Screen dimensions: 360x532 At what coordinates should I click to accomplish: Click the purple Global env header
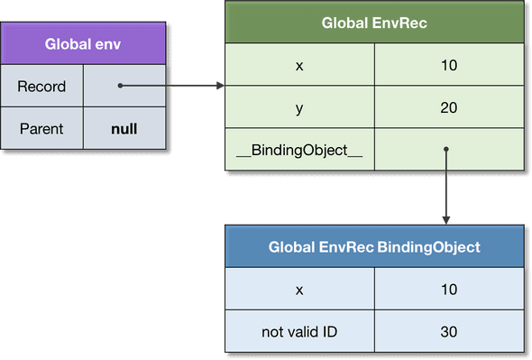[82, 43]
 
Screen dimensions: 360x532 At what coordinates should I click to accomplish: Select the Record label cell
[41, 87]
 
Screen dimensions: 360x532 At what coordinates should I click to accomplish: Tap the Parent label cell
[41, 128]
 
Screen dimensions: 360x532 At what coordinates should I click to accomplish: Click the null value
[124, 128]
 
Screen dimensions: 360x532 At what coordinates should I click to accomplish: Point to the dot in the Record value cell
[120, 87]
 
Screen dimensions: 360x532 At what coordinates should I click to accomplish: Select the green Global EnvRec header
[374, 23]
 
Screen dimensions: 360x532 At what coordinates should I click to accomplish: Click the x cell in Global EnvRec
[298, 67]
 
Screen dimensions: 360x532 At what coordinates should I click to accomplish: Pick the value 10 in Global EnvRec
[448, 67]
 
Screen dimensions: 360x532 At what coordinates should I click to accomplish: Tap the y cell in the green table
[298, 108]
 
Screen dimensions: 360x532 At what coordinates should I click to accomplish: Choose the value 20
[448, 108]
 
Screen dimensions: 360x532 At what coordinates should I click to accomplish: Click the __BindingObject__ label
[298, 151]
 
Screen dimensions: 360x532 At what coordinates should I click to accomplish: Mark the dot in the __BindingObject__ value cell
[447, 151]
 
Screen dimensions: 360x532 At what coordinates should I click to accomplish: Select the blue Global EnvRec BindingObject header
[374, 247]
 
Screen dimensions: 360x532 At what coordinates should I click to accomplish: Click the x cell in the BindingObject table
[298, 290]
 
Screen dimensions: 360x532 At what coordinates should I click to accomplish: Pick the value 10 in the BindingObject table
[448, 290]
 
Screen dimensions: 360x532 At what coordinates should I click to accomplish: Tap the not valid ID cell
[298, 331]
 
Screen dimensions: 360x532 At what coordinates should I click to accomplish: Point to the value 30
[448, 331]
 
